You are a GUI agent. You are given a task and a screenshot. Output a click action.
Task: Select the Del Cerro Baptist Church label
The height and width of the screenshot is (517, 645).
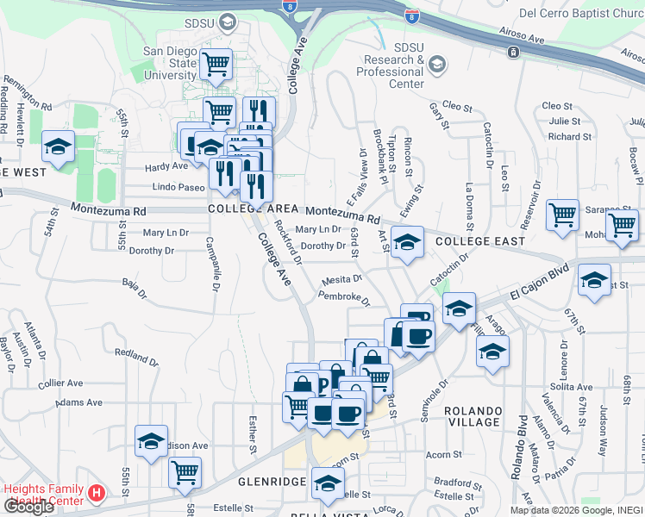[x=582, y=14]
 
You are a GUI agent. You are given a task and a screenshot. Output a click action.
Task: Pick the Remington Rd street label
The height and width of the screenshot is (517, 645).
[x=28, y=94]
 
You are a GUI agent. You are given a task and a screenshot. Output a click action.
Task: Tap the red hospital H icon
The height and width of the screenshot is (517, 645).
[x=97, y=495]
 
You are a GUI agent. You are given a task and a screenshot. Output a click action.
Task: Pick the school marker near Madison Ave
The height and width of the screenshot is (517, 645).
[x=151, y=442]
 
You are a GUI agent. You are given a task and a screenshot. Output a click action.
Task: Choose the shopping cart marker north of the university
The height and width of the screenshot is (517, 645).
[x=216, y=63]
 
